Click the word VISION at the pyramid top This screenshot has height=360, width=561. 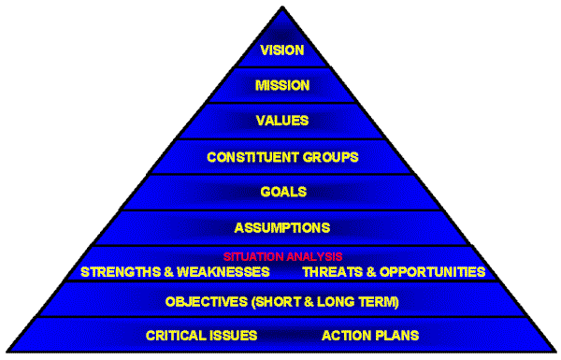[282, 50]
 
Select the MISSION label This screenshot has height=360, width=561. [282, 85]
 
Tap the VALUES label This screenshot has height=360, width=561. [282, 121]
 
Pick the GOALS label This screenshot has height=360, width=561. [282, 192]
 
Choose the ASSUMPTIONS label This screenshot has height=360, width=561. [282, 227]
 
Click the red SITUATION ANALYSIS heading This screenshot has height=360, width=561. [282, 256]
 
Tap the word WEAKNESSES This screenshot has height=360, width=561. [223, 272]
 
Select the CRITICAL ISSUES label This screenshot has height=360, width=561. [202, 335]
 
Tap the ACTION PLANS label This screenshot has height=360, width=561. [370, 335]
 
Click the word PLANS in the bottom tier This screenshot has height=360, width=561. [396, 335]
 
